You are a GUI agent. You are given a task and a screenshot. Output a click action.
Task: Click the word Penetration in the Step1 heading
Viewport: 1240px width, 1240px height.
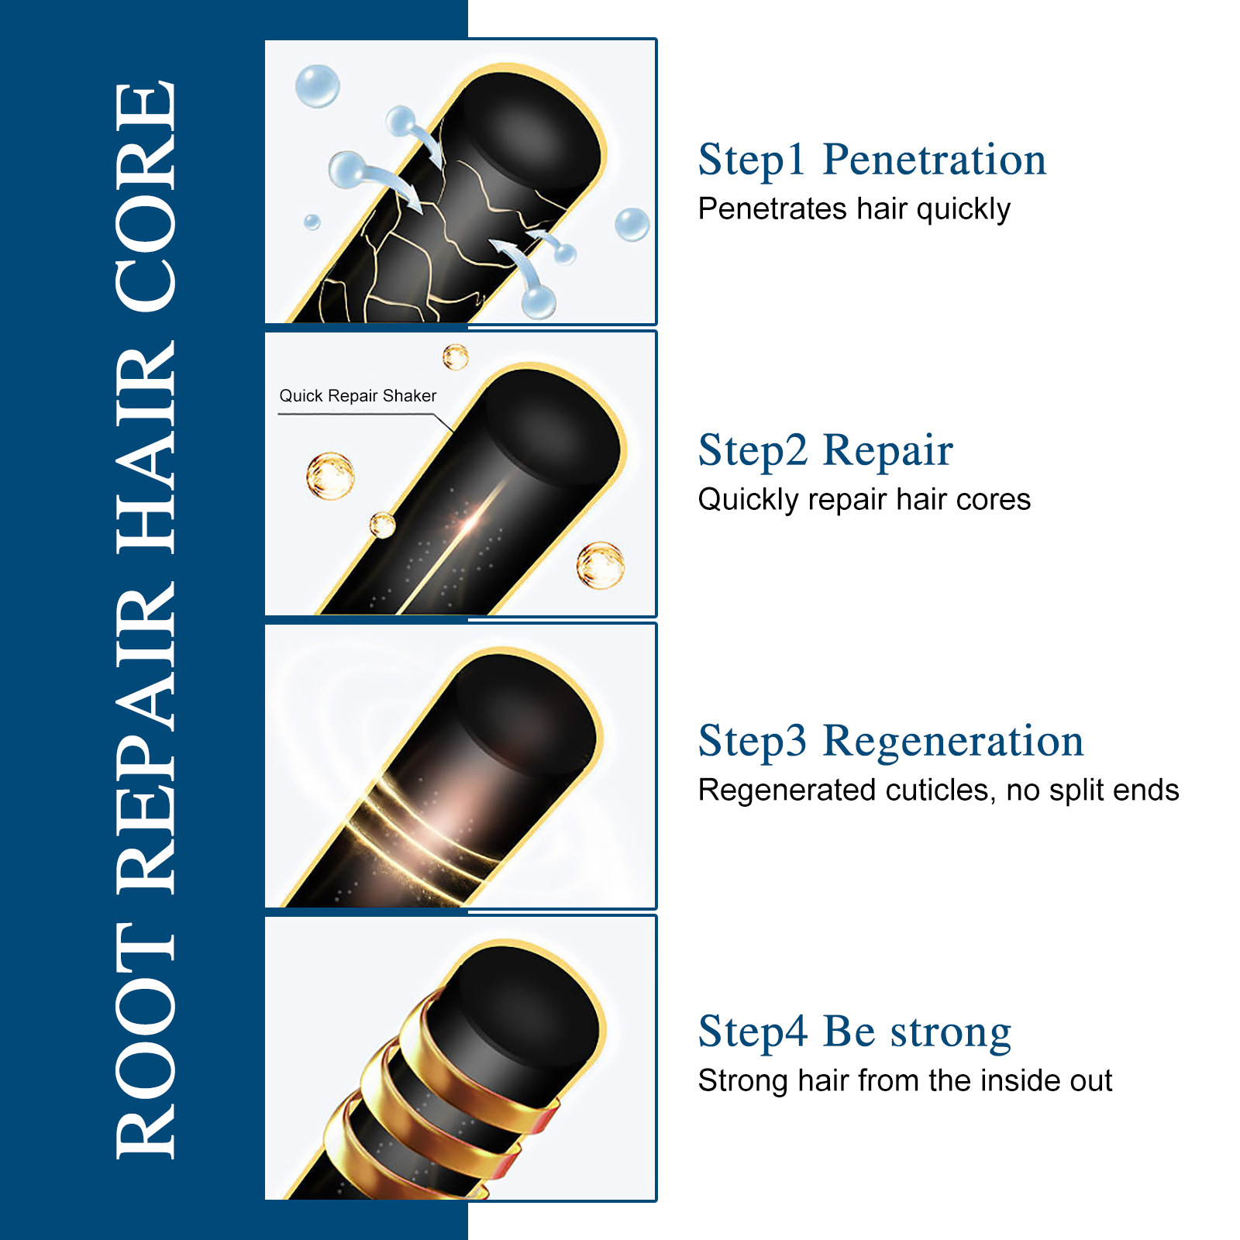[934, 160]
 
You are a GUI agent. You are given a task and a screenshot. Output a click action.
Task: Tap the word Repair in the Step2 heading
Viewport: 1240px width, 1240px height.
[887, 451]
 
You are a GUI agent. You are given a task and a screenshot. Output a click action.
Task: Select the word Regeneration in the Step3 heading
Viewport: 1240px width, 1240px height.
[952, 742]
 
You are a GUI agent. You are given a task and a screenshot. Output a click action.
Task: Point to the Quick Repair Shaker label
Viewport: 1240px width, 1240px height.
[358, 396]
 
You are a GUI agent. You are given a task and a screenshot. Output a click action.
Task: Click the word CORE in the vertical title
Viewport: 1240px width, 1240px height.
[146, 197]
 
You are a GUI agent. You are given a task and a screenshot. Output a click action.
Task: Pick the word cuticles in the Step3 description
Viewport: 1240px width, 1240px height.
[941, 790]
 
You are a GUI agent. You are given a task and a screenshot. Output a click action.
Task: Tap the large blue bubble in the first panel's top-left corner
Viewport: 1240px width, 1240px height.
[318, 85]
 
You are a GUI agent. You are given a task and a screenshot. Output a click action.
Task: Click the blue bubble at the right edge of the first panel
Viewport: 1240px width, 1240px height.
[632, 224]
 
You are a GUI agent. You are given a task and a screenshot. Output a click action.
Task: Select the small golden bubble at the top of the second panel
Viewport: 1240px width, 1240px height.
[456, 356]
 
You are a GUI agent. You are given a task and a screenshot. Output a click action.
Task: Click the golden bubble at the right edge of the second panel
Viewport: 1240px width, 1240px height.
[601, 565]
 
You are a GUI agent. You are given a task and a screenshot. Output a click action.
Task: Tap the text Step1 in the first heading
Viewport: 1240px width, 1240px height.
[752, 160]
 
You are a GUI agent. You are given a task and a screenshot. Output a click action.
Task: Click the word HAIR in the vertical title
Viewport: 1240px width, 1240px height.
[146, 446]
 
